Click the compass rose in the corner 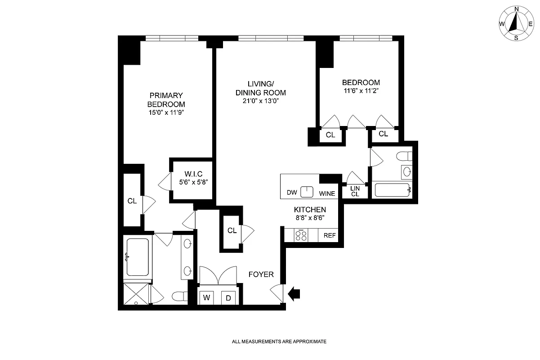point(516,23)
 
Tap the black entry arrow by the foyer point(294,294)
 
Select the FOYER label point(261,274)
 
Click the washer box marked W point(207,297)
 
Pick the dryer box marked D point(228,297)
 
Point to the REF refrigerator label point(330,235)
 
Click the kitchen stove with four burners point(301,235)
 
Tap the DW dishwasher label point(292,193)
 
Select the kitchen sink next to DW point(307,192)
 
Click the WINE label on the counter point(327,193)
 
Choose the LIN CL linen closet point(355,191)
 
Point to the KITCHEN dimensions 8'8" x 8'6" point(309,218)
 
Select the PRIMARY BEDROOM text point(166,99)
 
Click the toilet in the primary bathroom point(181,296)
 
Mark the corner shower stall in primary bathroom point(137,294)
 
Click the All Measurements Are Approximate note point(279,342)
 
